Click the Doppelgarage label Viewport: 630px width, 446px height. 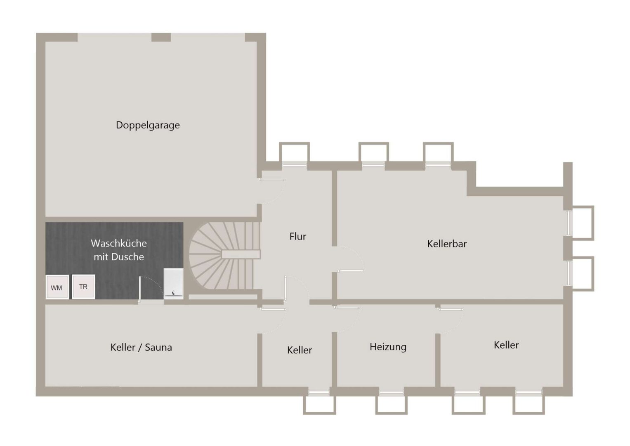(x=148, y=125)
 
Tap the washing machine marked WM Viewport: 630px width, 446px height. (x=57, y=287)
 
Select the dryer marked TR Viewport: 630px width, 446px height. (x=83, y=287)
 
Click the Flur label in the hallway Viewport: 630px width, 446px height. (x=297, y=236)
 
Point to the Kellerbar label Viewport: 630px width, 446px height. (x=447, y=244)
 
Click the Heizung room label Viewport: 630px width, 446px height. (x=388, y=347)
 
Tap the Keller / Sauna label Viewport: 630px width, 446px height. (x=141, y=347)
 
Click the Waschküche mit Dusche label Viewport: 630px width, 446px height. (x=119, y=250)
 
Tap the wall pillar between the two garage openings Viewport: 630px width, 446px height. (x=161, y=37)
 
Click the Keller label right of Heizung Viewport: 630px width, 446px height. (x=506, y=345)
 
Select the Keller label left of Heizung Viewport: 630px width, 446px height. (x=300, y=350)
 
